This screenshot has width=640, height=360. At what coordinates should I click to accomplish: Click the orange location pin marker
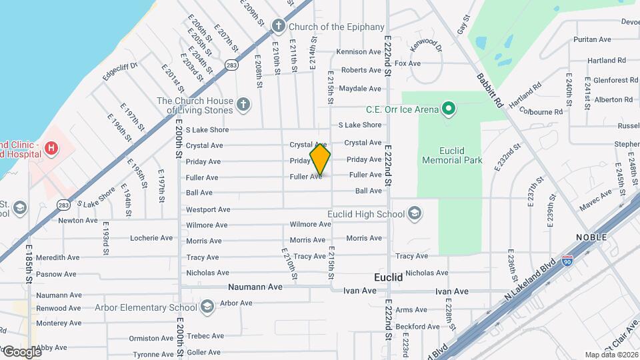(x=320, y=159)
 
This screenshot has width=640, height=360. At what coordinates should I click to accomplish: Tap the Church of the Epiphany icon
(x=279, y=27)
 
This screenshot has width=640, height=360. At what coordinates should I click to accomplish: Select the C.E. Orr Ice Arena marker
(x=449, y=109)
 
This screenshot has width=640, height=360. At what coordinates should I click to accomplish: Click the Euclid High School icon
(x=415, y=213)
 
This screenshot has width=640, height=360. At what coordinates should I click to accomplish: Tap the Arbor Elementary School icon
(x=207, y=307)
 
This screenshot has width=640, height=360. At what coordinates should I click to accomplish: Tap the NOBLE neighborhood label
(x=591, y=237)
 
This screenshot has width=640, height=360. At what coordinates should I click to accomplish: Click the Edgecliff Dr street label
(x=120, y=71)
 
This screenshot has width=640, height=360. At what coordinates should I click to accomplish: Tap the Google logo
(x=21, y=351)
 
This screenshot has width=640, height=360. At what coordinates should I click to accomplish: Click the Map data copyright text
(x=611, y=355)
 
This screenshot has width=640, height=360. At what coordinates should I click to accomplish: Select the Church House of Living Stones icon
(x=244, y=105)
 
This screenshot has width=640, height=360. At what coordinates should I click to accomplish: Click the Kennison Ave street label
(x=359, y=51)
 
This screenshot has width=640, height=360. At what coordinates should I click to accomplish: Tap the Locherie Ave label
(x=151, y=238)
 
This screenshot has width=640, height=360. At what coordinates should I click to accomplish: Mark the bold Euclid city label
(x=388, y=277)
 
